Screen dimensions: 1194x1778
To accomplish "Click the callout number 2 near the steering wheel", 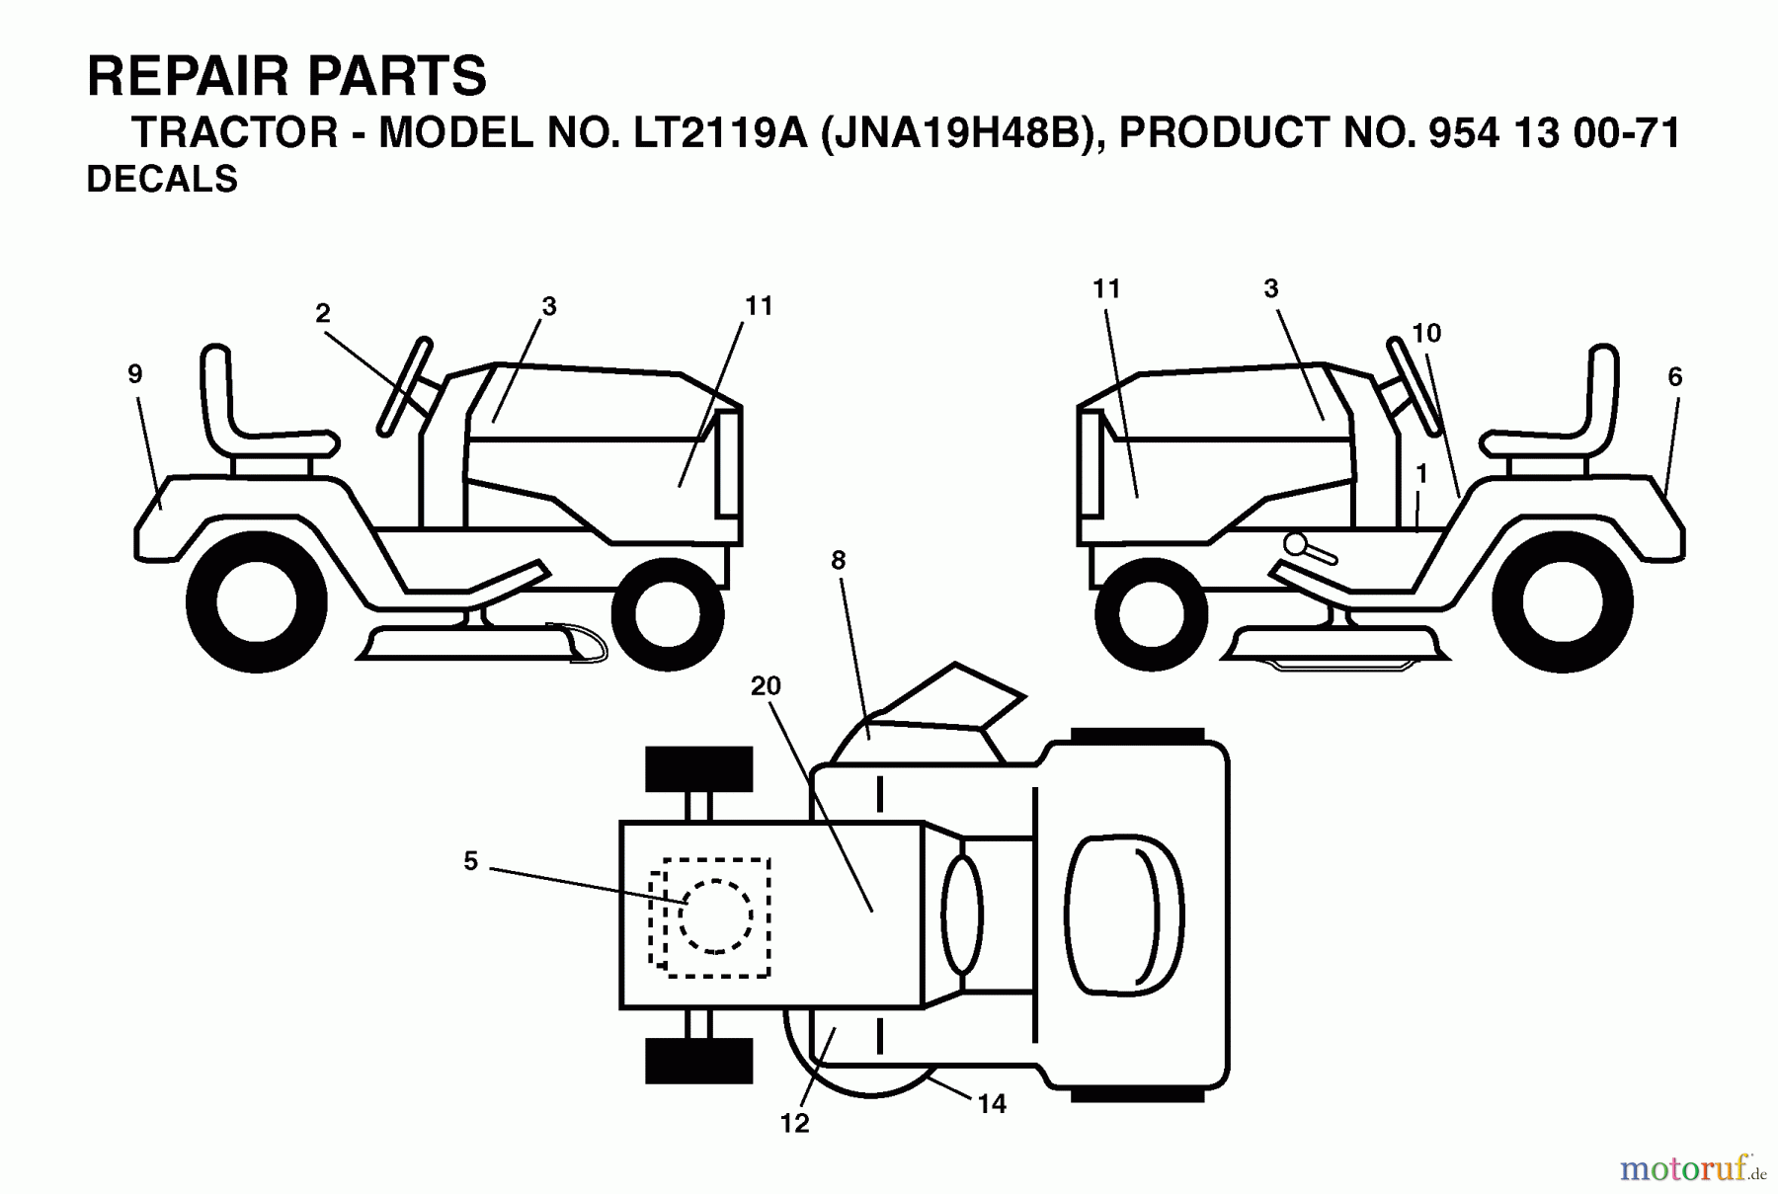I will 322,313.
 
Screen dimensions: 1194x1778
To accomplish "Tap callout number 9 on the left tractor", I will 135,374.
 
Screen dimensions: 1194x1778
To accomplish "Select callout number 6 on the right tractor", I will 1674,376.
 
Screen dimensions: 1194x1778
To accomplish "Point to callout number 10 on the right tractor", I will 1426,334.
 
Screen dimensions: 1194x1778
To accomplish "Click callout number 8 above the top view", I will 839,561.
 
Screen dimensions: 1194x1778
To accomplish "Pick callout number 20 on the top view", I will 766,685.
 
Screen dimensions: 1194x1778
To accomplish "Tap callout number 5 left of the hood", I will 470,861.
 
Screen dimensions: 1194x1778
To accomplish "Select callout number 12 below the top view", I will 794,1123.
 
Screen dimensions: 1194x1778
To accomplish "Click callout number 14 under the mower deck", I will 992,1104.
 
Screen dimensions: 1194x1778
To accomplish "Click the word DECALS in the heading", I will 162,180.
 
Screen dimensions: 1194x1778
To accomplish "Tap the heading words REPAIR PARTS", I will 286,76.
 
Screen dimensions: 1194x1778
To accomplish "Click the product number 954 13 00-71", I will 1554,132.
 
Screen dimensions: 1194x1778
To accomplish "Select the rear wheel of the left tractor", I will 257,602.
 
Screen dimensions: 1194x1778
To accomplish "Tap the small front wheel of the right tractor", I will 1151,613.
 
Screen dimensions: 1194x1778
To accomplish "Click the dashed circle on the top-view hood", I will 715,915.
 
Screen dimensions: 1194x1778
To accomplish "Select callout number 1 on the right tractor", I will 1421,475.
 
